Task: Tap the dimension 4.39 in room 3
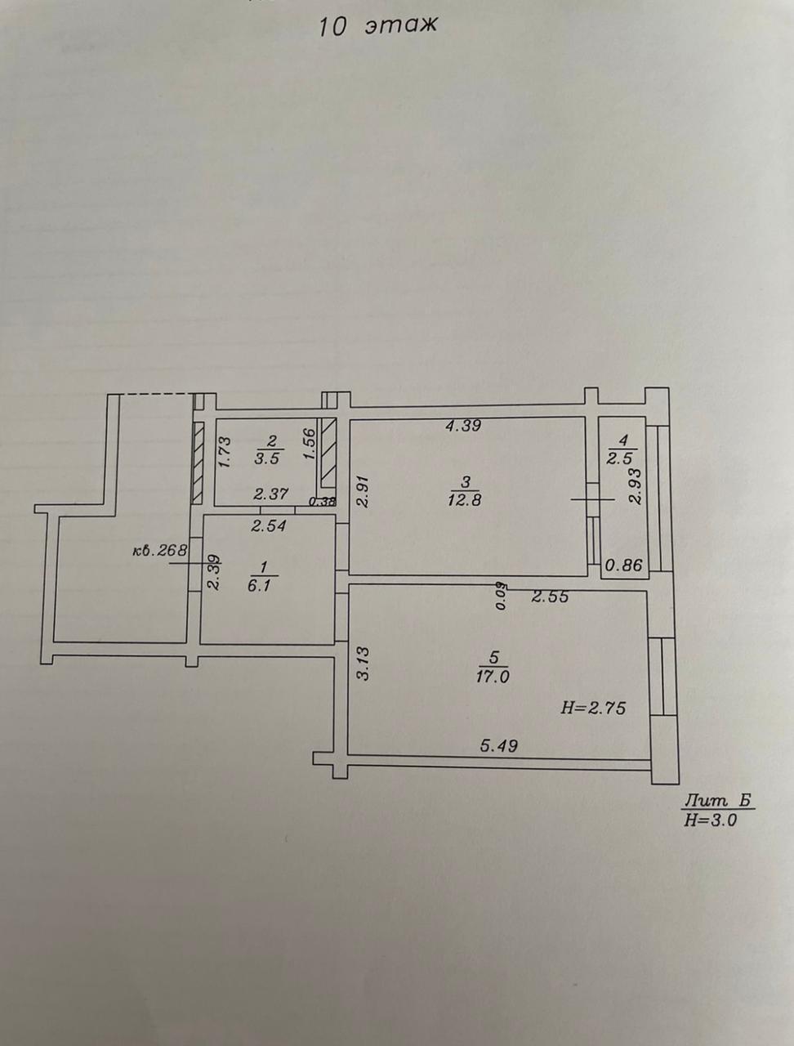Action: click(x=462, y=425)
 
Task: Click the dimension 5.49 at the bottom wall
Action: click(x=498, y=745)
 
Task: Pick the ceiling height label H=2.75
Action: click(x=593, y=709)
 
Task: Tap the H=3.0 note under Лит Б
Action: click(x=711, y=820)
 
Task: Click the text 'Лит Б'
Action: click(x=717, y=802)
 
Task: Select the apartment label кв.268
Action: click(x=160, y=550)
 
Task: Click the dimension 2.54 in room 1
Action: click(x=268, y=526)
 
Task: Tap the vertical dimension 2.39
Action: click(x=213, y=572)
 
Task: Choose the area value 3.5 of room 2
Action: click(x=268, y=458)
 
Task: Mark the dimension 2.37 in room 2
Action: click(x=270, y=494)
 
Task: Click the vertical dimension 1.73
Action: click(x=227, y=450)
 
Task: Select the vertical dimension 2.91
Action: click(x=364, y=491)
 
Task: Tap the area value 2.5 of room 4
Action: click(x=622, y=458)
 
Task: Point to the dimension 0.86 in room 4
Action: click(x=623, y=563)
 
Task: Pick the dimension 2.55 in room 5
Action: click(x=550, y=597)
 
